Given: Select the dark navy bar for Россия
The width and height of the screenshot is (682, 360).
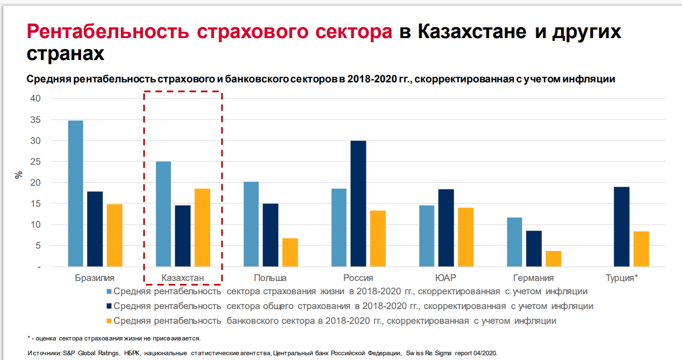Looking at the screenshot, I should coord(358,203).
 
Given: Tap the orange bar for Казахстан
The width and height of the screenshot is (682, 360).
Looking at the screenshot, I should coord(202,228).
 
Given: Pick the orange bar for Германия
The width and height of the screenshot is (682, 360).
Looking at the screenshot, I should coord(553,259).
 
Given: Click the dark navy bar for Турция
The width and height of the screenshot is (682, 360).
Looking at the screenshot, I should coord(622,227).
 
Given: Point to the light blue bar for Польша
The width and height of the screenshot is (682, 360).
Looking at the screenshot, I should coord(251,224).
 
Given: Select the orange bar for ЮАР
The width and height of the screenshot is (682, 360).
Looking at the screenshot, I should coord(465,237).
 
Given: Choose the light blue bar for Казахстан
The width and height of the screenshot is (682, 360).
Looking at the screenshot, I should coord(163,214).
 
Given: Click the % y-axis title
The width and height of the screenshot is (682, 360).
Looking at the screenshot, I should coord(19,174).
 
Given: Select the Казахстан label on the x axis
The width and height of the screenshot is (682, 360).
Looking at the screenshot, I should coord(182,278).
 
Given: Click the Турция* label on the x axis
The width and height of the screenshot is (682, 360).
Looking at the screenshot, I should coord(622,278).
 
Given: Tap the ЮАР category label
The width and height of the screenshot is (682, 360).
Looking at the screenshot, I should coord(446,278).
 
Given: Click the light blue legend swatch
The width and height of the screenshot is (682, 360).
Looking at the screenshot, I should coord(109,291).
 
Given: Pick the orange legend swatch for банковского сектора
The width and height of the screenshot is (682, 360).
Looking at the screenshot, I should coord(109,321).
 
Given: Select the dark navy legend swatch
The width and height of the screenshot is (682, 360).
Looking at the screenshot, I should coord(109,306).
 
